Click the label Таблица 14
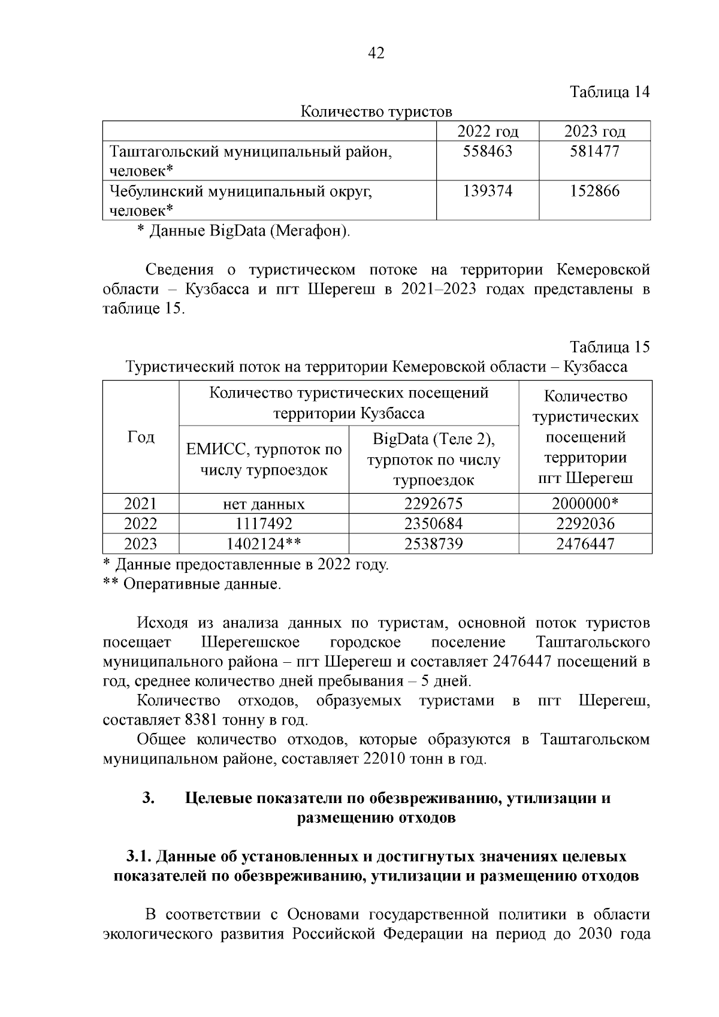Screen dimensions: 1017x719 tap(609, 92)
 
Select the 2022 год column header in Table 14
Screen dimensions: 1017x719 tap(487, 131)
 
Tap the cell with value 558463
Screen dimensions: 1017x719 tap(487, 152)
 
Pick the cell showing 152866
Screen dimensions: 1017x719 tap(594, 191)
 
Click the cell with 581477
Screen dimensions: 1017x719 tap(594, 152)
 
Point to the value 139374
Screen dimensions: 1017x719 tap(487, 191)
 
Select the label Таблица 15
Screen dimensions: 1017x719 tap(609, 347)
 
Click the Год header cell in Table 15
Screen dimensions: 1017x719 tap(141, 437)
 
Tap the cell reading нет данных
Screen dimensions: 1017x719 tap(264, 504)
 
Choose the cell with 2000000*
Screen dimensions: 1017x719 tap(585, 503)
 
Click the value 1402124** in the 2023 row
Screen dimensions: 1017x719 tap(264, 544)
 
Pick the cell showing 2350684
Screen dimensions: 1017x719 tap(433, 524)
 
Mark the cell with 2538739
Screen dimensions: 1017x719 tap(433, 544)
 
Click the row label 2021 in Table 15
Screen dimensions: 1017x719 tap(140, 503)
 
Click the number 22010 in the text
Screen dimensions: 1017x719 tap(383, 759)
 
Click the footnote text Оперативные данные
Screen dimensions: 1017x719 tap(202, 584)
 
